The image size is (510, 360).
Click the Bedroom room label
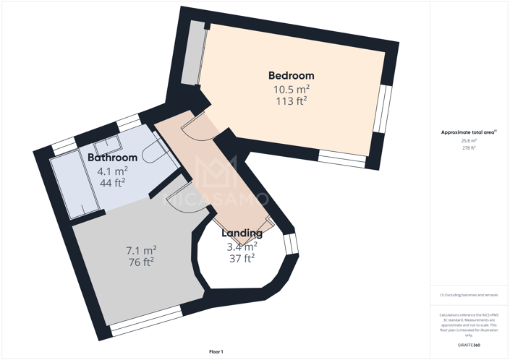(x=291, y=75)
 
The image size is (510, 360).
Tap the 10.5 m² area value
(x=291, y=89)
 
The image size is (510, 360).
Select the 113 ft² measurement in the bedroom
(x=291, y=101)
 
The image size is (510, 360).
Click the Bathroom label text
(x=112, y=158)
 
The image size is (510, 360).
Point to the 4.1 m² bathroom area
(x=112, y=171)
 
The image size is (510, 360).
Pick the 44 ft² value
(x=112, y=183)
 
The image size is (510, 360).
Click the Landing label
(x=242, y=233)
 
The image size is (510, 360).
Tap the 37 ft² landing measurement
(x=242, y=258)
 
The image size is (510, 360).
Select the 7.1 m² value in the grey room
(x=140, y=250)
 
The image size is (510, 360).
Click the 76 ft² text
(x=140, y=262)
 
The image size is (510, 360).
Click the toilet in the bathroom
(x=152, y=153)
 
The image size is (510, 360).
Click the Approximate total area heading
(x=469, y=132)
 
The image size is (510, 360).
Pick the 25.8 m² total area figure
(x=469, y=141)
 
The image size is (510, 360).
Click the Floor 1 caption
(x=216, y=351)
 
